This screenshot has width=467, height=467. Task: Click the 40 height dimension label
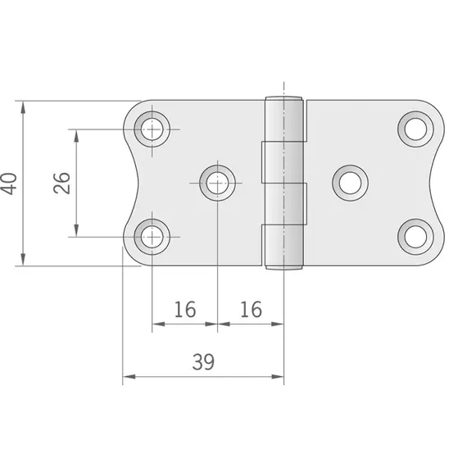tap(8, 183)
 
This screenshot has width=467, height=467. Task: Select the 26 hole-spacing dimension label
tap(61, 183)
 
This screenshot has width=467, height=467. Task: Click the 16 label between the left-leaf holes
tap(185, 309)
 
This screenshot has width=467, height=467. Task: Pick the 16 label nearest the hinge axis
tap(251, 309)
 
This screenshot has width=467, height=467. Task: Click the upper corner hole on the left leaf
tap(152, 129)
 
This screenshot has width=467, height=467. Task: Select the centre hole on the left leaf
tap(217, 182)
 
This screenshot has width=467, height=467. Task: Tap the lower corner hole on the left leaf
tap(152, 236)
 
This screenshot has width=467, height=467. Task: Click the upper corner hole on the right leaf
tap(415, 129)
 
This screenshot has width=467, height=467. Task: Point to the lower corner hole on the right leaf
tap(415, 236)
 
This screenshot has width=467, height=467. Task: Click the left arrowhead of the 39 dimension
tap(128, 379)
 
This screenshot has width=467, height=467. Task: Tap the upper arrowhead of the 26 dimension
tap(77, 134)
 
